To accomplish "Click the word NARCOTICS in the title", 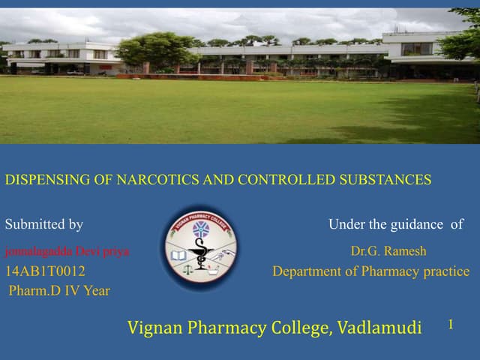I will click(x=161, y=180).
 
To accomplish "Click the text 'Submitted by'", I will click(x=43, y=224).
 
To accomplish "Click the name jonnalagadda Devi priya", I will click(x=67, y=251).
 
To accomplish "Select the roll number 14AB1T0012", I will click(x=45, y=271).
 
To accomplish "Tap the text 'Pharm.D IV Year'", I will click(x=59, y=291).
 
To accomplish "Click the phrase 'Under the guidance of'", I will click(x=396, y=224).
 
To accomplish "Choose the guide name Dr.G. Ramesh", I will click(x=388, y=251).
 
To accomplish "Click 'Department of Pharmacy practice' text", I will click(x=370, y=271).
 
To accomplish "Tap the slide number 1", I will click(x=451, y=324).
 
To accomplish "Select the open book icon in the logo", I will click(x=178, y=256).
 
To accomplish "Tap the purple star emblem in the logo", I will click(x=200, y=229).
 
